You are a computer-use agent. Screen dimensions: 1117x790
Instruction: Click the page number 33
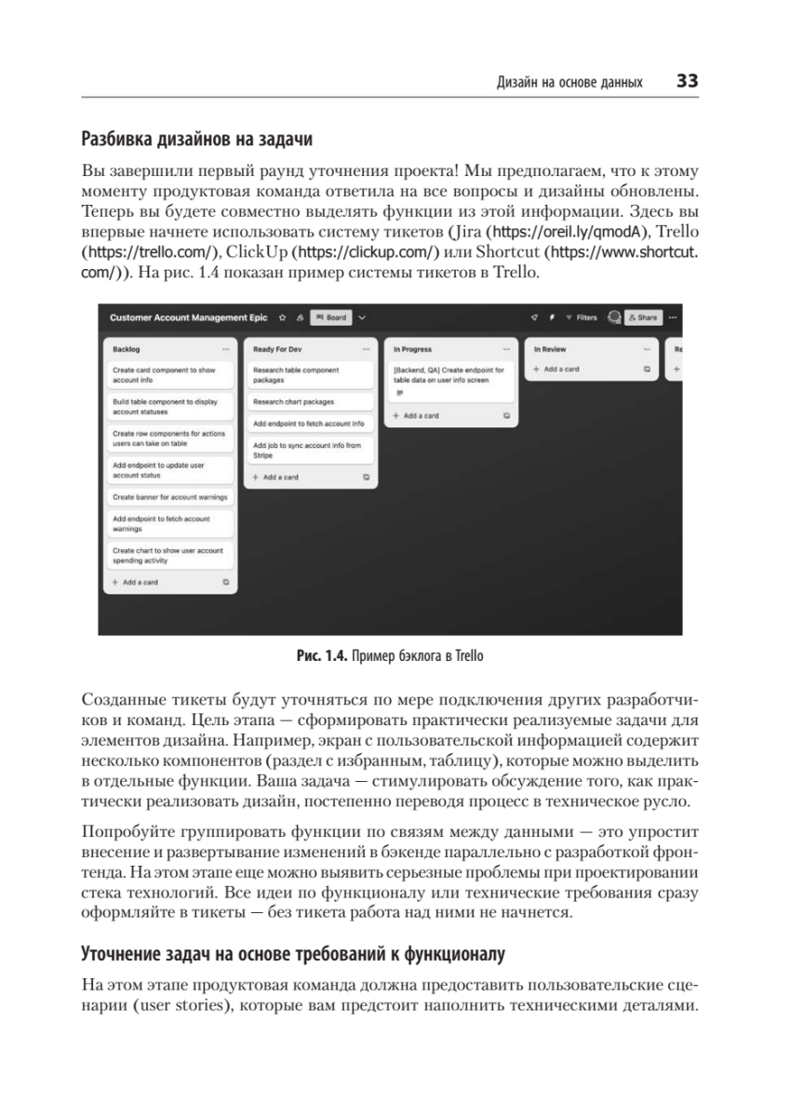coord(687,82)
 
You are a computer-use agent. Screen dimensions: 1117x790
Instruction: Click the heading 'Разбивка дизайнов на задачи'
coord(196,141)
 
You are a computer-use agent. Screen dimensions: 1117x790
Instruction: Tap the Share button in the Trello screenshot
coord(643,317)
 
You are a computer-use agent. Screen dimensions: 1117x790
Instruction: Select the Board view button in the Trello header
coord(330,317)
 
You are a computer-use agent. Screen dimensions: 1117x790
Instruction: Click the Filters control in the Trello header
coord(582,317)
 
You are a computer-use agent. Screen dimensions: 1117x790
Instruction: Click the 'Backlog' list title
coord(127,349)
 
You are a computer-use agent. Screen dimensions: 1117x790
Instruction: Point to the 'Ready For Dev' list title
coord(278,349)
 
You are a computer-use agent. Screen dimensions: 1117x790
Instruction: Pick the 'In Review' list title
coord(551,349)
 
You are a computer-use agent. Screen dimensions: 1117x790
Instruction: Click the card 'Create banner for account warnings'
coord(169,497)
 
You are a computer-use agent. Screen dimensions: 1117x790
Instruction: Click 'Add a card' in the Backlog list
coord(141,582)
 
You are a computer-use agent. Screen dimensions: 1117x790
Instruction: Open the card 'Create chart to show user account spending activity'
coord(169,556)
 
